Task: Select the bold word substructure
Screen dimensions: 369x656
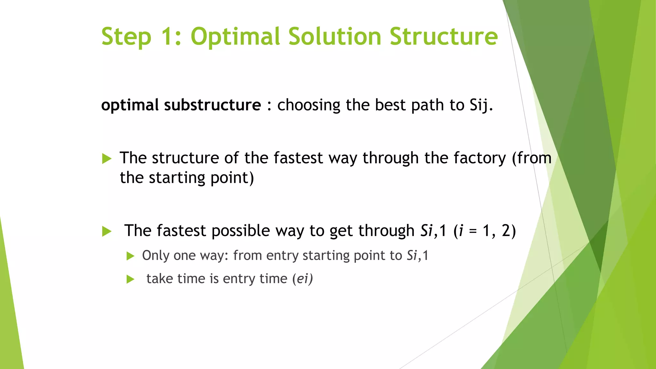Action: pos(212,105)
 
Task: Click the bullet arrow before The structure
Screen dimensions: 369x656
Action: pos(107,159)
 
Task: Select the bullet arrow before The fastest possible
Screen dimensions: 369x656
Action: pos(107,231)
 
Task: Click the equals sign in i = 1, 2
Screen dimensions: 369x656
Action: pos(473,231)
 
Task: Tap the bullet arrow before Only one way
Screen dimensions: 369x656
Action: pos(130,256)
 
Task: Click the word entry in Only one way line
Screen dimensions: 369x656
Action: pos(282,256)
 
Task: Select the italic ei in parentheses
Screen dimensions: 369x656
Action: pos(302,279)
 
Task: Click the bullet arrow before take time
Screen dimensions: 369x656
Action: pos(130,279)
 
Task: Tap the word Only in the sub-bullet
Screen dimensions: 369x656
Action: pos(156,256)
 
